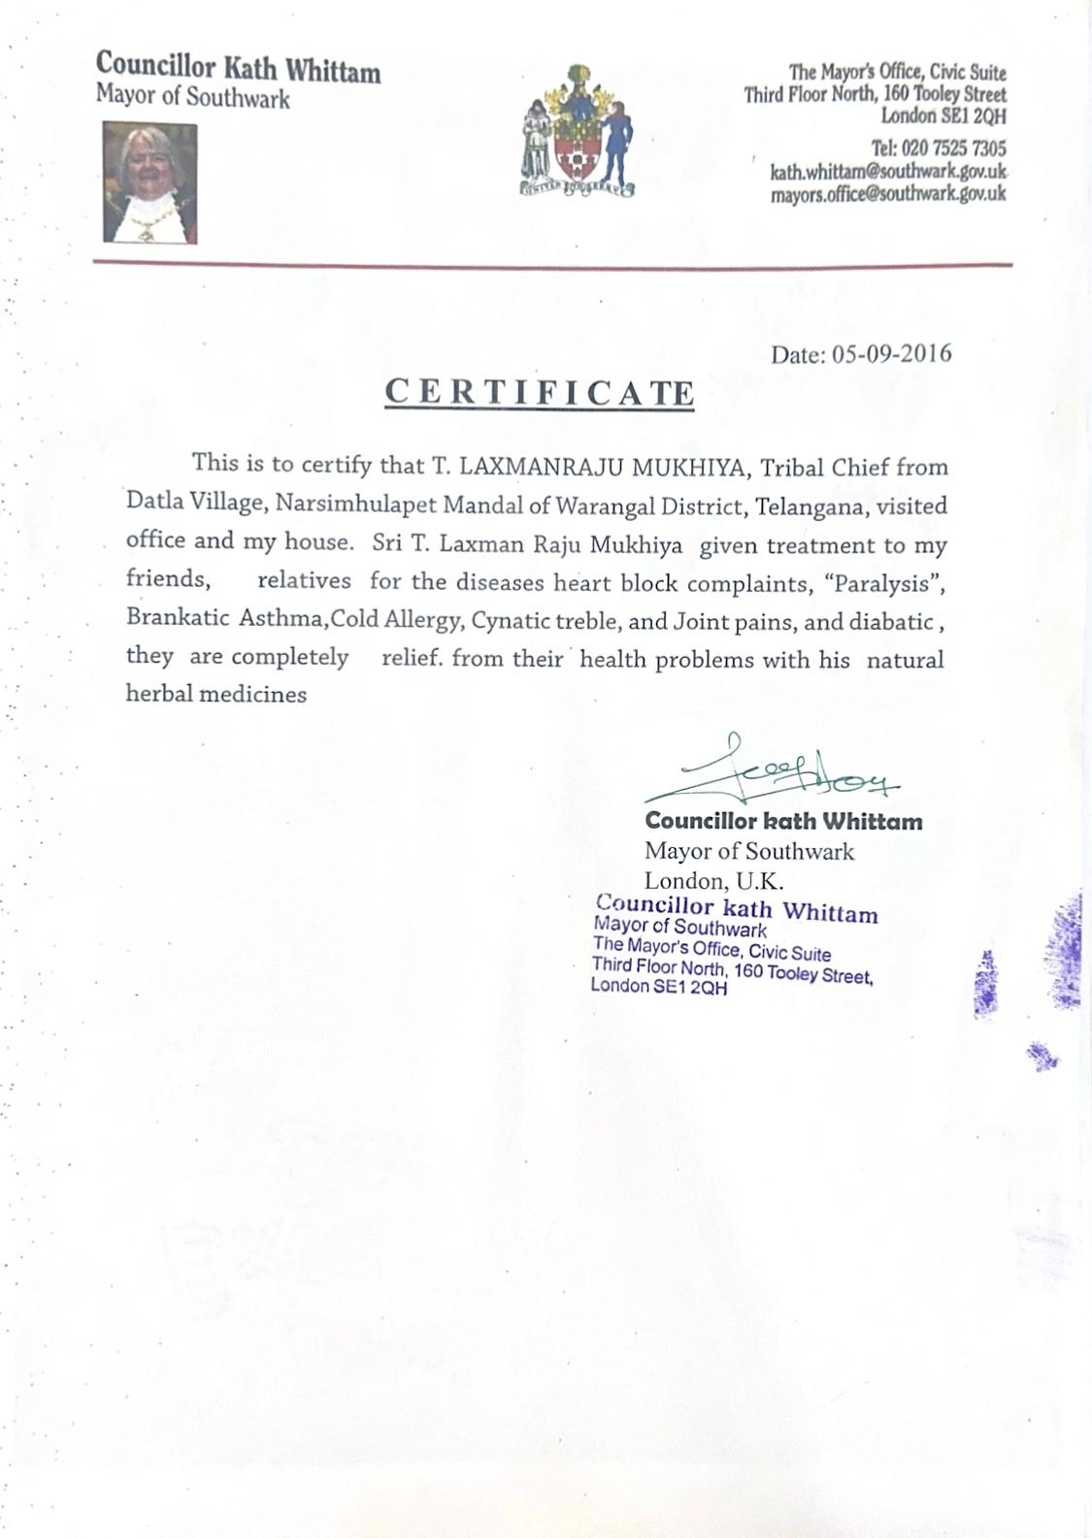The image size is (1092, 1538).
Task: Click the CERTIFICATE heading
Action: pyautogui.click(x=540, y=392)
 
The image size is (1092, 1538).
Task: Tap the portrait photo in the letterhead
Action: pyautogui.click(x=150, y=182)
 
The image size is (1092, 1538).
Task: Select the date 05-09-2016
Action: pyautogui.click(x=892, y=353)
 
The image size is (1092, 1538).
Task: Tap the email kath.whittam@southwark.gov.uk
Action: pyautogui.click(x=888, y=172)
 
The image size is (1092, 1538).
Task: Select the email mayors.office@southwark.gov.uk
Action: pyautogui.click(x=888, y=193)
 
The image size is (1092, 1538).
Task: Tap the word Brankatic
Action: pyautogui.click(x=172, y=620)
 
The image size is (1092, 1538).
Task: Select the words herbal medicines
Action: pyautogui.click(x=215, y=694)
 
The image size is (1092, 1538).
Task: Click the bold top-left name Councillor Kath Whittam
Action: pyautogui.click(x=238, y=68)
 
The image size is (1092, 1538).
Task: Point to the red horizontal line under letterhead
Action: pyautogui.click(x=552, y=264)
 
